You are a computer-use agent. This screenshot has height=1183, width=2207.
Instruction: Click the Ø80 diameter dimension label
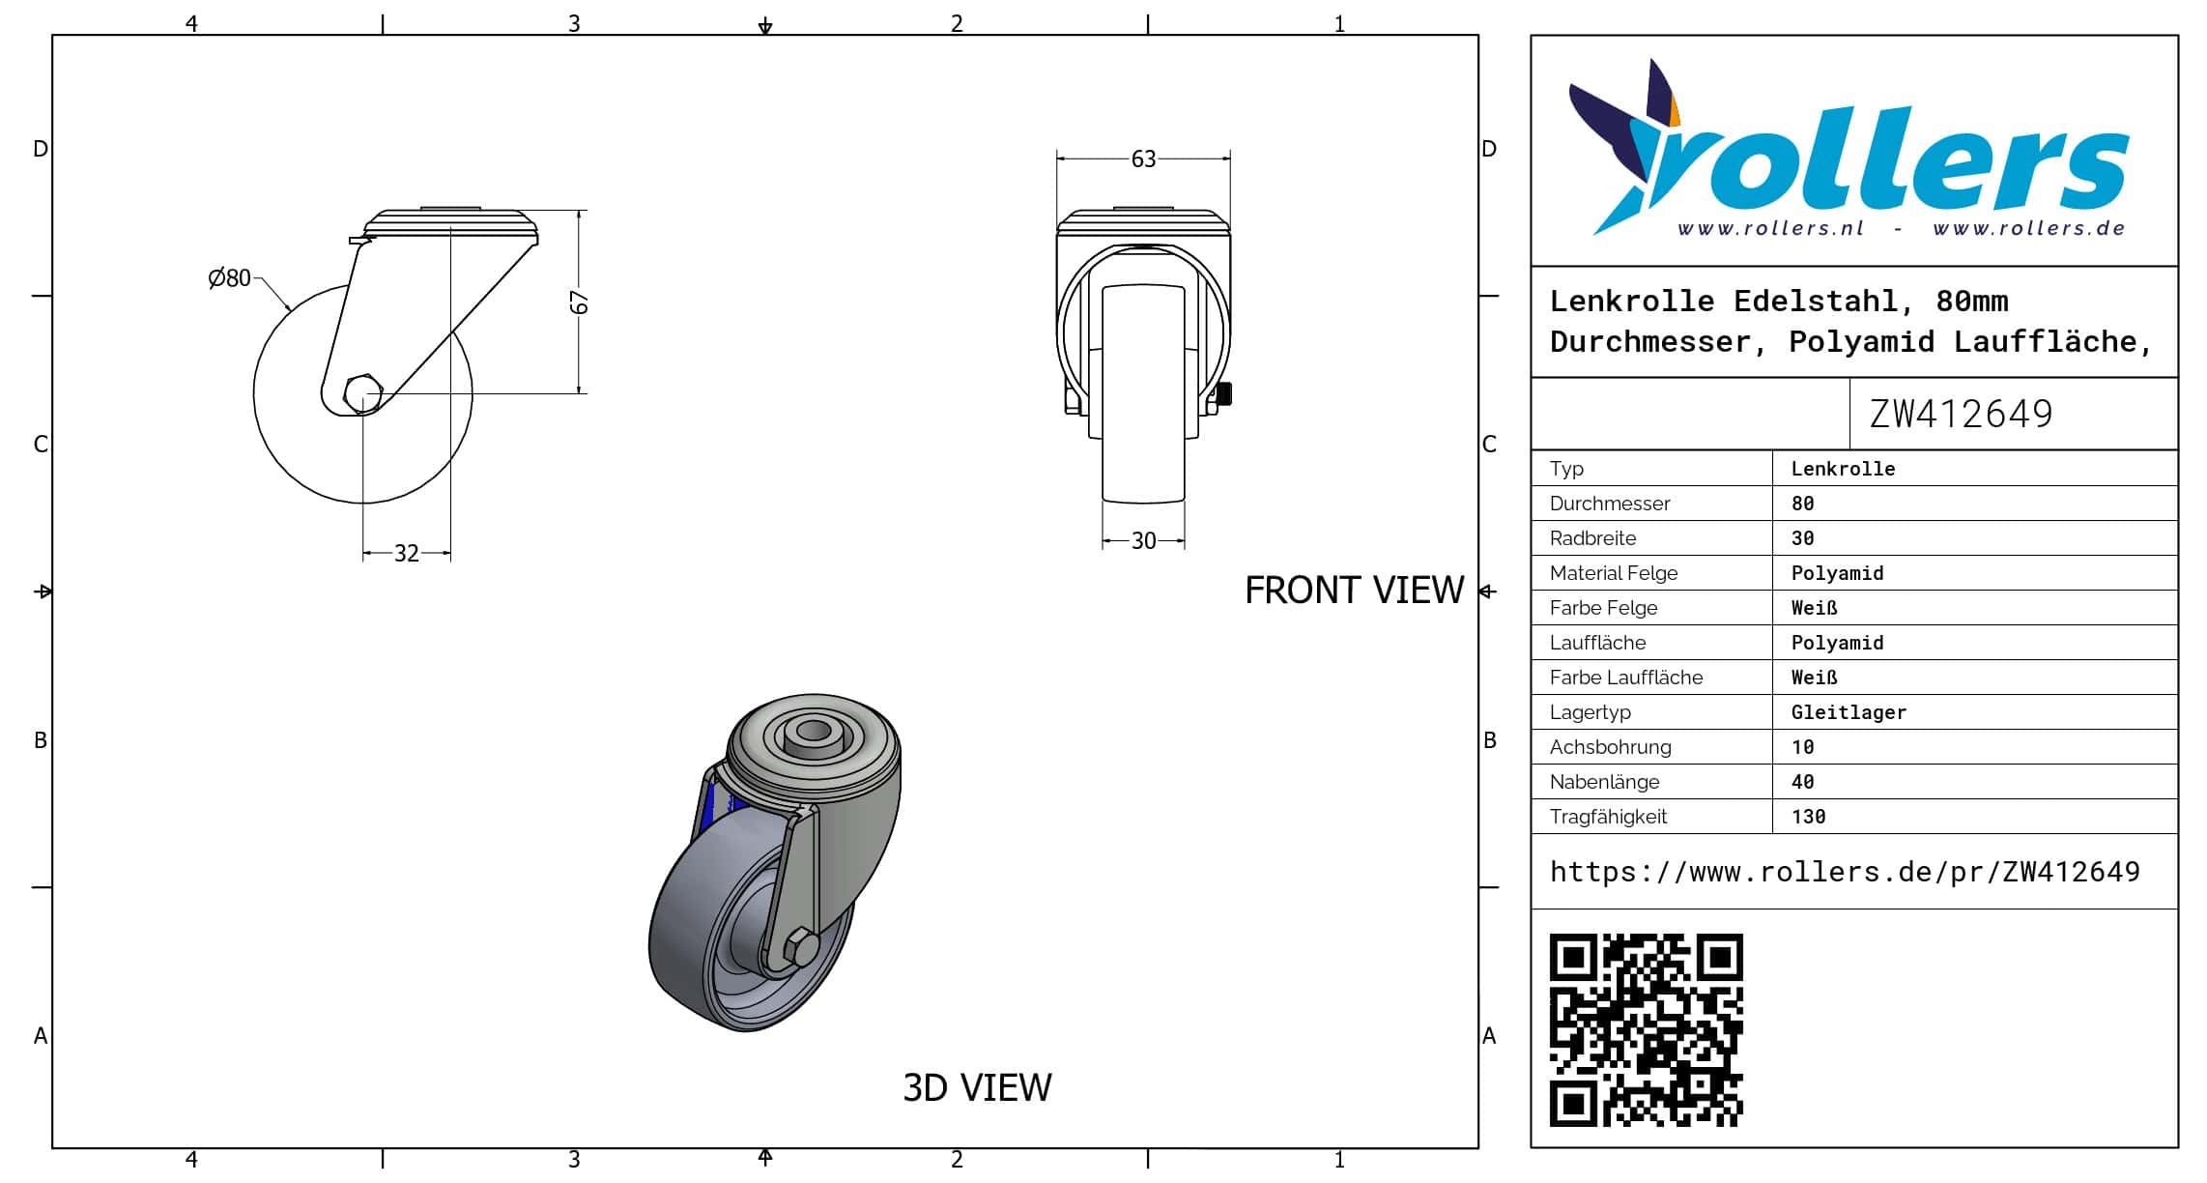pos(229,278)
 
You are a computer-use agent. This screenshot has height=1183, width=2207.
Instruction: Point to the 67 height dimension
pos(579,303)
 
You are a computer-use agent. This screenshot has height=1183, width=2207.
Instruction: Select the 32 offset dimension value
pos(407,554)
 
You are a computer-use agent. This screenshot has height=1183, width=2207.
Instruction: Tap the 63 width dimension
pos(1143,159)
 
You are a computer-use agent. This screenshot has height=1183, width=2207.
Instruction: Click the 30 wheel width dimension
pos(1143,541)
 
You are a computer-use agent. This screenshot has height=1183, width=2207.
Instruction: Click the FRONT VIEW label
pos(1354,591)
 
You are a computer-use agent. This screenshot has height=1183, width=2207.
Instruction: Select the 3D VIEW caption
pos(977,1088)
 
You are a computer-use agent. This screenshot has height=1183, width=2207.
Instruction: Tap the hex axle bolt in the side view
pos(362,393)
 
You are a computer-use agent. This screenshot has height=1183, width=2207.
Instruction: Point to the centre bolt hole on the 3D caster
pos(813,732)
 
